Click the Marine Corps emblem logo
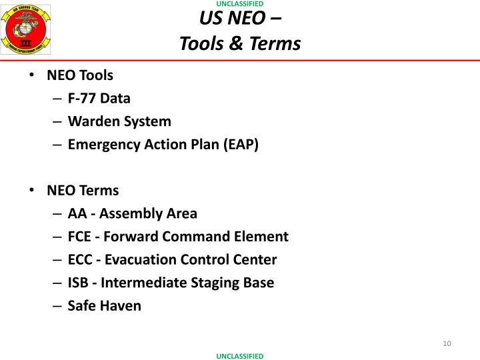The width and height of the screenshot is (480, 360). coord(27,30)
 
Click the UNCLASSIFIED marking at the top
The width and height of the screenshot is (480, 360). coord(240,4)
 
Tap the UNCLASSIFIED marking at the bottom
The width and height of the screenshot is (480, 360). coord(240,356)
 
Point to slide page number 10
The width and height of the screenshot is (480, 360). coord(447,343)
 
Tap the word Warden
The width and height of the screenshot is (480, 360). coord(92,121)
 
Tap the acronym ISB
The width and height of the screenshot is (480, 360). coord(78,283)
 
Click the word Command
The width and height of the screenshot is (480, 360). coord(199,237)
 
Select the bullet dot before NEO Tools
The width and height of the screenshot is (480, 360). coord(32,75)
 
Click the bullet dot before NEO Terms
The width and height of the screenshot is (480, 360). coord(32,190)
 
